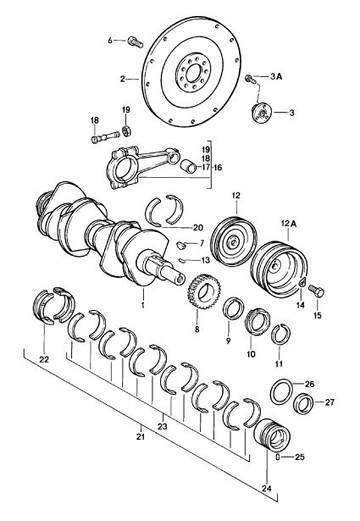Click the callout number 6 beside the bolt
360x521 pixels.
[110, 41]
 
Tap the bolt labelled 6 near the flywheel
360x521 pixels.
[135, 42]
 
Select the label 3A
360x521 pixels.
[275, 77]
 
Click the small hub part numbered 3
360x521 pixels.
[262, 114]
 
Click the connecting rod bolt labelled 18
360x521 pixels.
[105, 137]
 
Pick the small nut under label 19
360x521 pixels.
[126, 130]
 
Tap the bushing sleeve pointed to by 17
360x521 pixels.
[188, 165]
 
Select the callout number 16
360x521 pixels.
[218, 167]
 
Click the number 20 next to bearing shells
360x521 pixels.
[197, 227]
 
